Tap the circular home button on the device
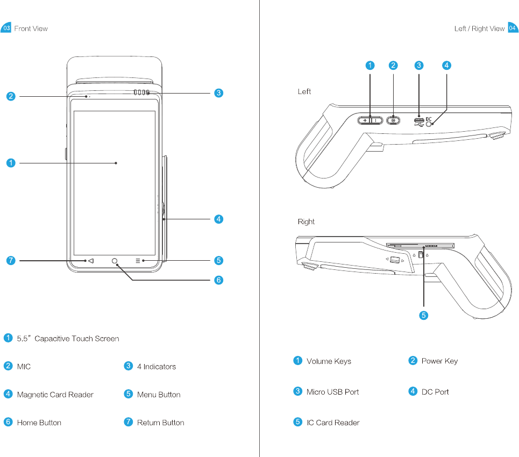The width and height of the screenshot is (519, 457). pos(115,261)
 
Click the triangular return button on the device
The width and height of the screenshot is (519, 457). pos(90,261)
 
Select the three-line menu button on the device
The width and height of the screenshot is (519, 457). pos(138,261)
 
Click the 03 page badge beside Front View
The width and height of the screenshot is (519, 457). pos(6,28)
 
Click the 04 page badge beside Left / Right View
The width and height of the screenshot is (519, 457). pos(513,28)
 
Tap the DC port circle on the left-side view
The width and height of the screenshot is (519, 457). pos(430,124)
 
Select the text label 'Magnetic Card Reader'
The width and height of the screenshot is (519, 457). pos(55,395)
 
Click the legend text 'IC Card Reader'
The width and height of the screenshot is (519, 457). pos(333,423)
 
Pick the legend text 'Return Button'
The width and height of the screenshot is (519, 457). pos(160,423)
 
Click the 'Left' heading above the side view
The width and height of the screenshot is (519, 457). pos(304,92)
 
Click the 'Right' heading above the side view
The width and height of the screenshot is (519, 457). pos(306,222)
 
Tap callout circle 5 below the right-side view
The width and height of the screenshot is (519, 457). pos(424,316)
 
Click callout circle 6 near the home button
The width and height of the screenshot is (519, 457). pos(218,280)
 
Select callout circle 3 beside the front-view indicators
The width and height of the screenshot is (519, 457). pos(218,93)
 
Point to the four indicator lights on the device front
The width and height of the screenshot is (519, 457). pos(141,93)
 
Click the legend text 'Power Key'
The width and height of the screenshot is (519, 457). pos(439,361)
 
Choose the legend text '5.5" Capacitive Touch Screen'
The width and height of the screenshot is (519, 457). pos(68,339)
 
